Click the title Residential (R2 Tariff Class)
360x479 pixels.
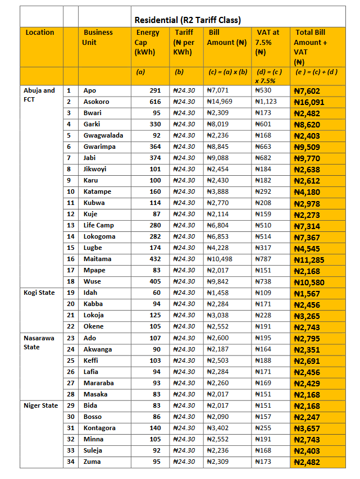point(188,20)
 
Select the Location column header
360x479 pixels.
point(40,33)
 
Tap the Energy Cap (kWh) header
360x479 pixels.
point(148,42)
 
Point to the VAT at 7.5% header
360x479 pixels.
point(268,42)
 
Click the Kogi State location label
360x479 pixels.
point(39,293)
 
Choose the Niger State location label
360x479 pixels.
point(41,405)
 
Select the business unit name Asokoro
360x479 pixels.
point(97,102)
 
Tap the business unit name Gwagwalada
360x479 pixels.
point(103,135)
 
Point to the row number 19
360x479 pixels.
point(71,293)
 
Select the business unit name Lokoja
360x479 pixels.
point(95,315)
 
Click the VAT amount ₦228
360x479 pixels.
point(263,315)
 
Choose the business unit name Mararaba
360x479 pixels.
point(99,383)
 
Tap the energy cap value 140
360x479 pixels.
point(155,428)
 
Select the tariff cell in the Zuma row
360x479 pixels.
point(184,462)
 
